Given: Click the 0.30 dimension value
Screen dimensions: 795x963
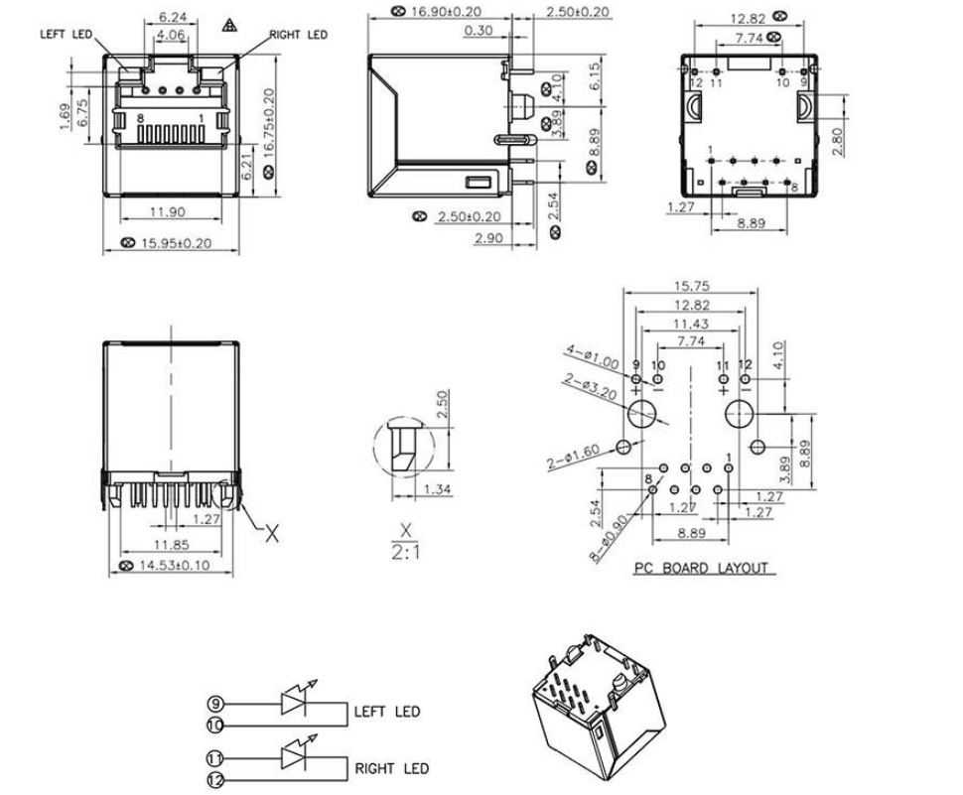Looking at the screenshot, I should pos(478,32).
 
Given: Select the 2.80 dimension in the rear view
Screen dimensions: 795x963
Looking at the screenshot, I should pos(839,140).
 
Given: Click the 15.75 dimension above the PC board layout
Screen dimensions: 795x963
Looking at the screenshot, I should pos(692,286).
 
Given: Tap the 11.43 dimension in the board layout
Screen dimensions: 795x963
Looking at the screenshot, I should pos(692,325).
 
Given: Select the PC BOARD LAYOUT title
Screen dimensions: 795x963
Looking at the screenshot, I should pos(701,569).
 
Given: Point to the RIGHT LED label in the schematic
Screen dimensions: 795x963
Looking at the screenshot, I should pos(392,768).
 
